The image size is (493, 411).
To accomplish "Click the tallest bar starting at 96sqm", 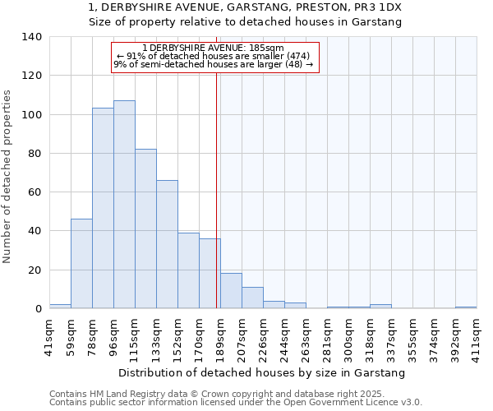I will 124,205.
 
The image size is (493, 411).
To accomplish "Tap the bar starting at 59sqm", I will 81,263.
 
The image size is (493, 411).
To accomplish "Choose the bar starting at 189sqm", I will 231,291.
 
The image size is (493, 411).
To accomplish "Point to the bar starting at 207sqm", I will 252,298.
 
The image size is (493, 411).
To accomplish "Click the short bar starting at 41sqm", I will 60,306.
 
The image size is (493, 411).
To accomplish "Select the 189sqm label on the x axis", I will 220,336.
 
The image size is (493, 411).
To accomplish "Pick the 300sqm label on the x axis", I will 348,336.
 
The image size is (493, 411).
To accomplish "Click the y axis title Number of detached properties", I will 8,177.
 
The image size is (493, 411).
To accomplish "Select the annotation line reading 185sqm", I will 213,48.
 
